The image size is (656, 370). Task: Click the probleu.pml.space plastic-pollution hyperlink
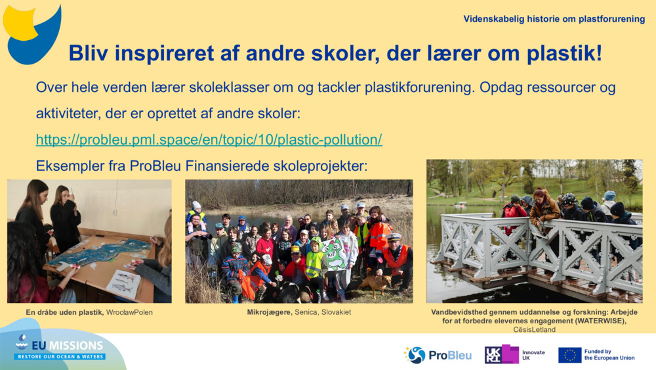tap(209, 139)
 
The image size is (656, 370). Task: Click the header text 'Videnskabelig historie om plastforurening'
tap(554, 19)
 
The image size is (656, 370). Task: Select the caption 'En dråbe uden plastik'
tap(64, 312)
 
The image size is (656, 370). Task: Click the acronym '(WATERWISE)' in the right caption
tap(603, 321)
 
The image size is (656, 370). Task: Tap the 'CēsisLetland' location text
tap(534, 329)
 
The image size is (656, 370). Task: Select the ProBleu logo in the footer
tap(438, 355)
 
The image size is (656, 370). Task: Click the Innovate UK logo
tap(514, 355)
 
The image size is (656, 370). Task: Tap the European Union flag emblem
tap(569, 355)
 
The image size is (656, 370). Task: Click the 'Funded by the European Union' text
tap(609, 355)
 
